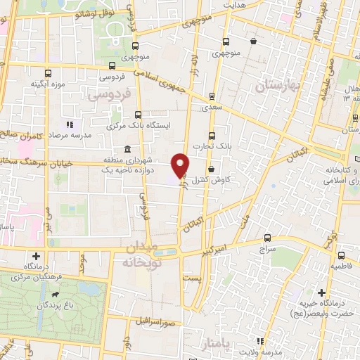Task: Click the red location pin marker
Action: point(181,165)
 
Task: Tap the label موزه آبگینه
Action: point(48,85)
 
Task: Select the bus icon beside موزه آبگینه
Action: point(48,72)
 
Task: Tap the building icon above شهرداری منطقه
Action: point(127,149)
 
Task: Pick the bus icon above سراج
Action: point(267,238)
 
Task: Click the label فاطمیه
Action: point(343,267)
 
